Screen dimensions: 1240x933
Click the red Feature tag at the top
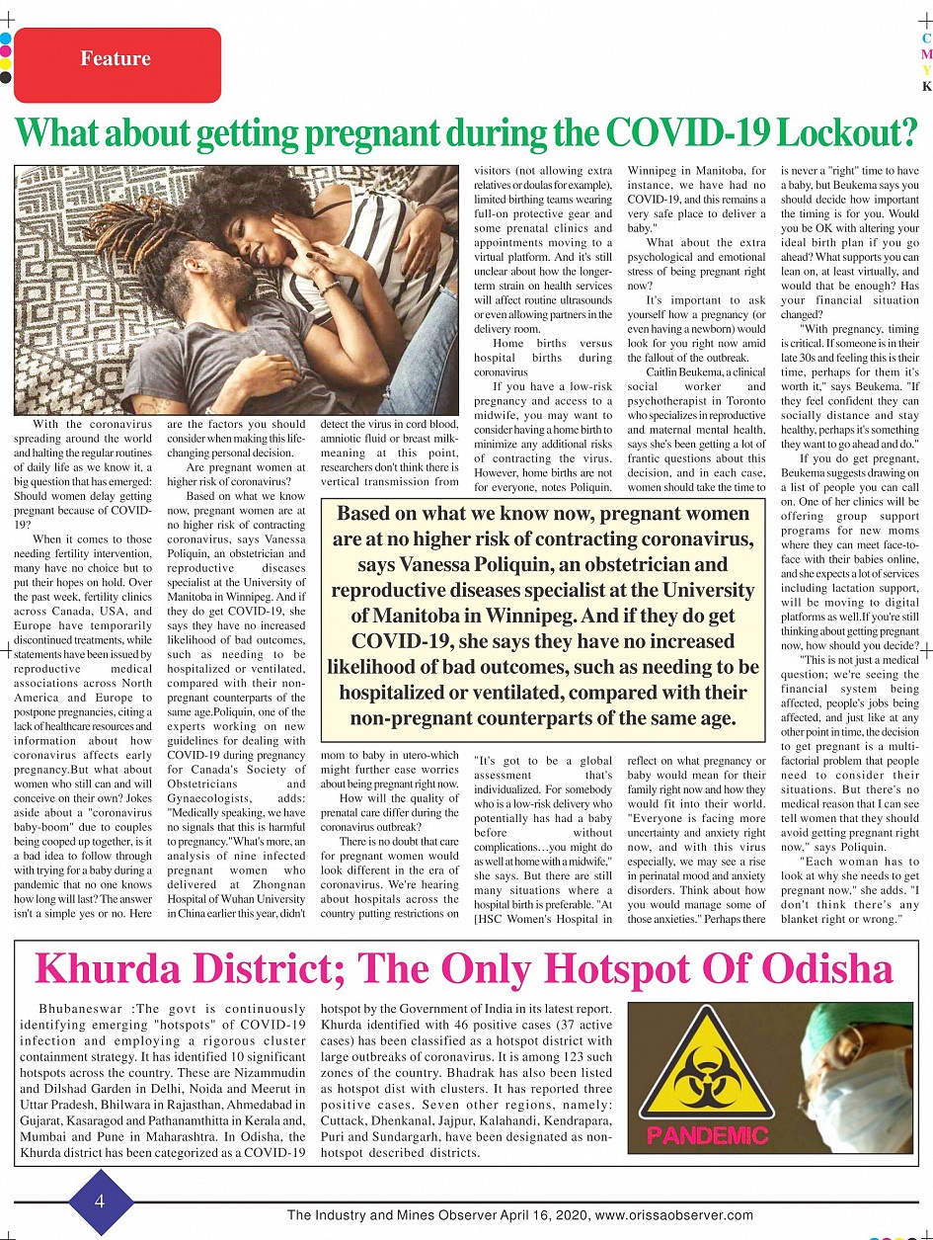117,59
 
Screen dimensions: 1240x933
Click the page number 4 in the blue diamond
101,1201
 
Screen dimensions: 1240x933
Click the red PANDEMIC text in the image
707,1134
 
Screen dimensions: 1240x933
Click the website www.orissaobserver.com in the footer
674,1215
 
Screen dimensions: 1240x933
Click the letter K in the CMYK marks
926,87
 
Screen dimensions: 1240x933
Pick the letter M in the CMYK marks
926,54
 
